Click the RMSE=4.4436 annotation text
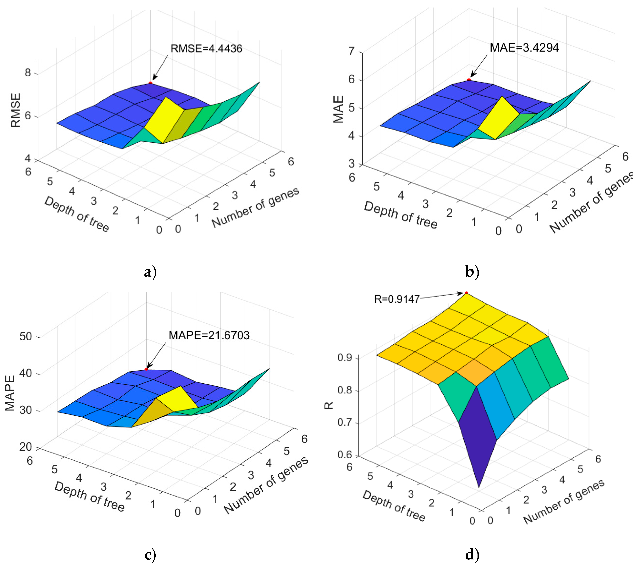click(206, 49)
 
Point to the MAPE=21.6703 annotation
click(209, 335)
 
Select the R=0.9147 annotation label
click(397, 299)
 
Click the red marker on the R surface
click(466, 293)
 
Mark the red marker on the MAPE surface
click(146, 369)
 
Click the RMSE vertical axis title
click(16, 110)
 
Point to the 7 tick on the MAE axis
click(352, 51)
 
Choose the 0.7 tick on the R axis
click(344, 422)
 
